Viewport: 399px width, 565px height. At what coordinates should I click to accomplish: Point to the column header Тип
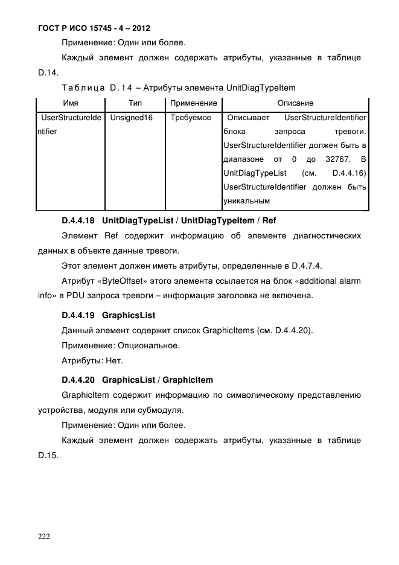click(x=135, y=103)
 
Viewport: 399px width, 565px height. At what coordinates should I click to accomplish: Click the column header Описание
click(x=295, y=103)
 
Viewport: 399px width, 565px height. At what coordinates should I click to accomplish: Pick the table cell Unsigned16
click(x=131, y=118)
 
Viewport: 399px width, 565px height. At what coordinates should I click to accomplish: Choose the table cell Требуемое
click(x=191, y=118)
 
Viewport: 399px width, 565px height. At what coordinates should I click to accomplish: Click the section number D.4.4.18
click(x=80, y=220)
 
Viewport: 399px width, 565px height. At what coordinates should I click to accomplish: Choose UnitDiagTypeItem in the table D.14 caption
click(x=261, y=88)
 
